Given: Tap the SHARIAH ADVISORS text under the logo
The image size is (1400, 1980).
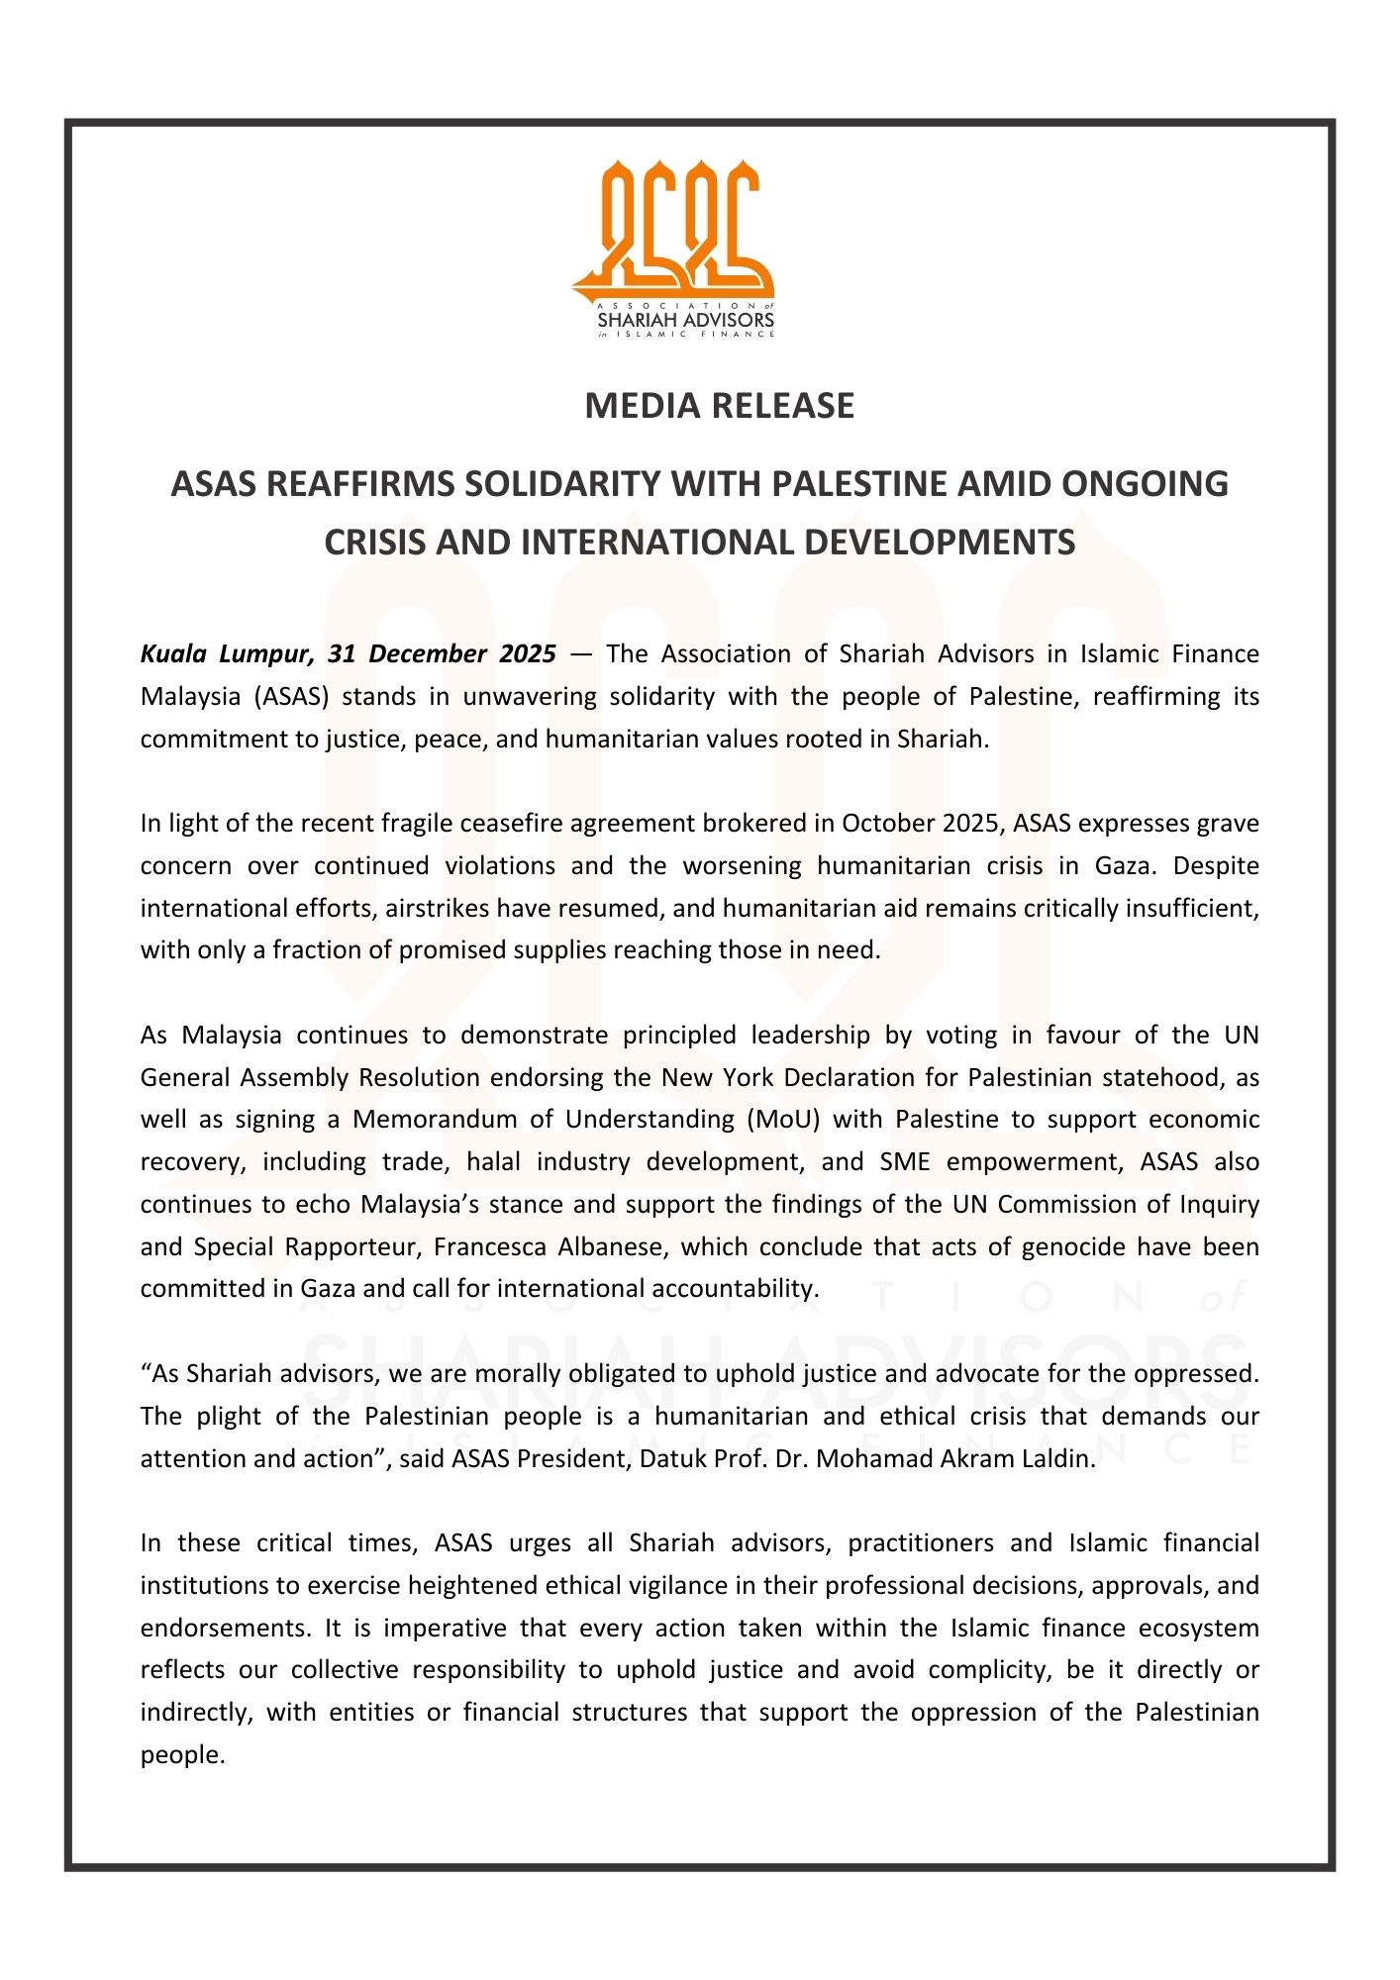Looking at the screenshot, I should tap(685, 321).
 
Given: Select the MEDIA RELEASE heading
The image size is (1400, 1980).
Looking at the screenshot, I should tap(719, 406).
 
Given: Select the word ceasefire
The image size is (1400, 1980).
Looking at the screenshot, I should tap(512, 824).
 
